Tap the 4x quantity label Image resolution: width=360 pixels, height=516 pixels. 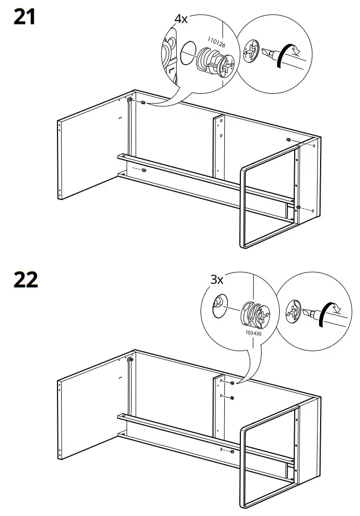pyautogui.click(x=181, y=20)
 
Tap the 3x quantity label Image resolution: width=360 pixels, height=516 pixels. pyautogui.click(x=217, y=280)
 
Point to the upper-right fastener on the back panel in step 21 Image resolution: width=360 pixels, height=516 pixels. pyautogui.click(x=288, y=140)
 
